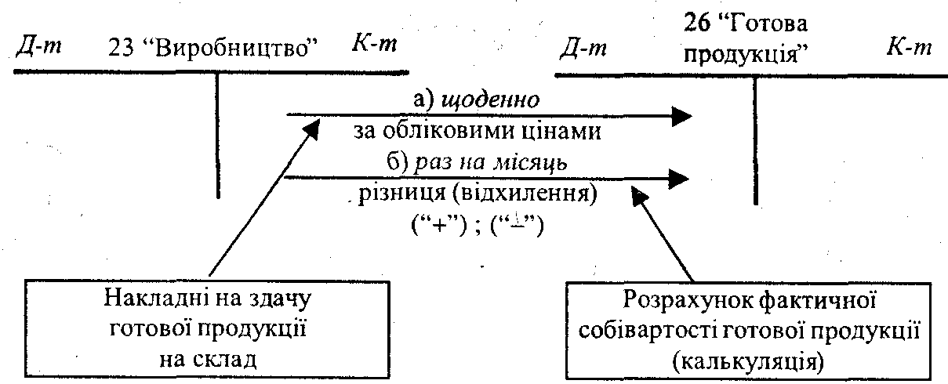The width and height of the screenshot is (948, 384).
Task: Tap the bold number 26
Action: [x=697, y=24]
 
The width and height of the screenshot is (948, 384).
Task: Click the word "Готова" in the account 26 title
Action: [x=772, y=24]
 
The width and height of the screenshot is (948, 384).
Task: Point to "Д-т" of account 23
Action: [x=38, y=48]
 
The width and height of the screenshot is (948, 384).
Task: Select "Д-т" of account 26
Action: [x=583, y=49]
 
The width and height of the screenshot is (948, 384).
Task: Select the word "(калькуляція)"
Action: [x=748, y=361]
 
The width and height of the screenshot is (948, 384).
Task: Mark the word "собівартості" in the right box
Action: [x=645, y=331]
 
